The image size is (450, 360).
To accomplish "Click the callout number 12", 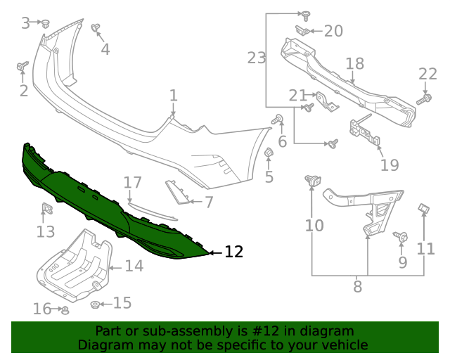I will click(x=233, y=252).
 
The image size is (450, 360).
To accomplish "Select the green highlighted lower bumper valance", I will click(x=105, y=204).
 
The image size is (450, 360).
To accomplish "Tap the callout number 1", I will click(x=173, y=95).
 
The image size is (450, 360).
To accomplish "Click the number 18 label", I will click(x=354, y=64).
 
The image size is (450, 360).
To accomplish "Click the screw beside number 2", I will click(x=22, y=67).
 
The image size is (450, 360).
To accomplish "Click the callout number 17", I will click(x=133, y=184).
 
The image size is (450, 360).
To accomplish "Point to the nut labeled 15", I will click(x=95, y=304).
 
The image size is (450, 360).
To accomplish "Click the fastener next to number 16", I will click(x=65, y=309).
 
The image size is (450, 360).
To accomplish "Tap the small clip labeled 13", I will click(x=47, y=209).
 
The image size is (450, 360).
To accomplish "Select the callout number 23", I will click(x=257, y=58).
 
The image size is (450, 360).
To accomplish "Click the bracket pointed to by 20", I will click(x=301, y=30).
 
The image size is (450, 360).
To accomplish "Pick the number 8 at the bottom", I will click(x=357, y=286).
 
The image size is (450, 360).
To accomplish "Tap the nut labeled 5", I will click(x=269, y=153).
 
